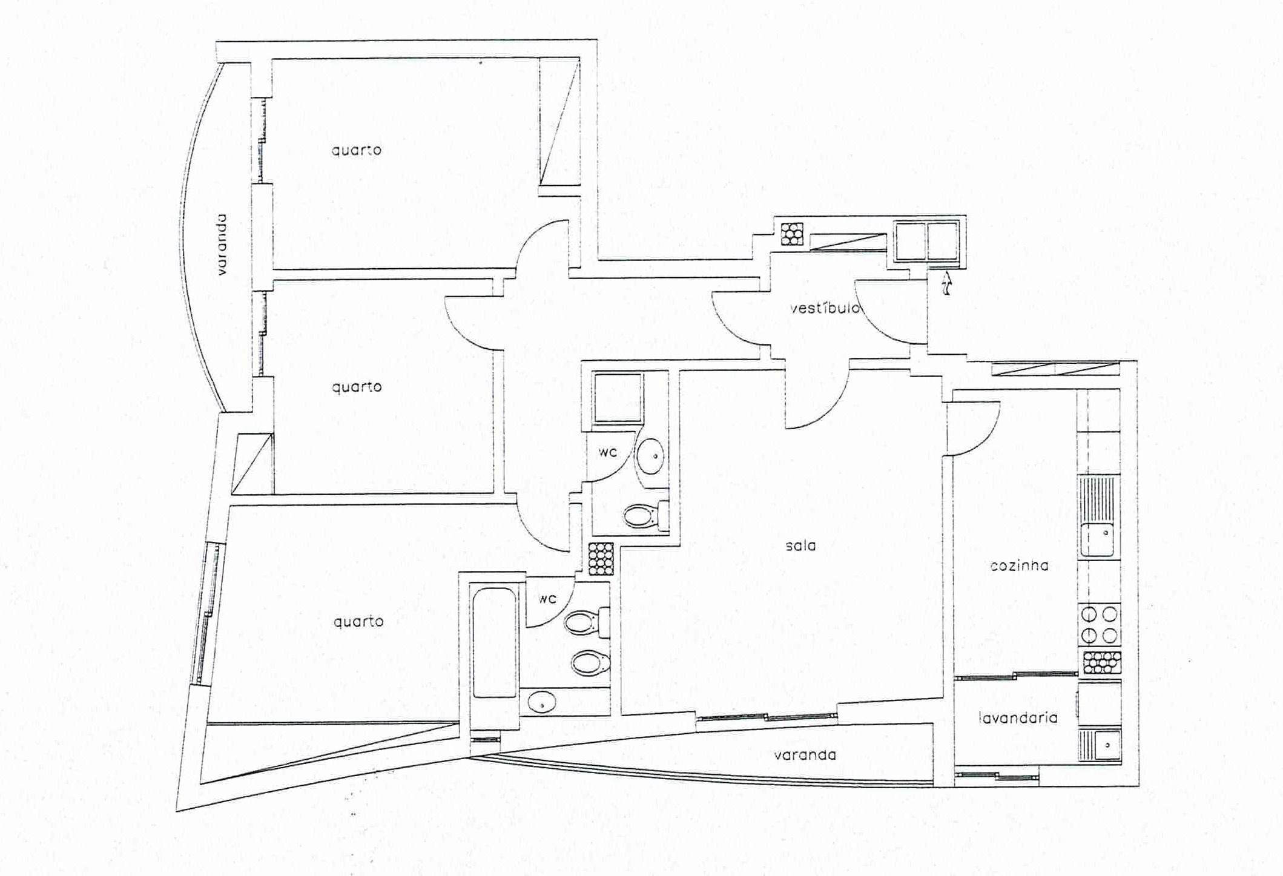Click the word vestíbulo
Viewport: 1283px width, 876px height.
825,308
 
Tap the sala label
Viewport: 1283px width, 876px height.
800,545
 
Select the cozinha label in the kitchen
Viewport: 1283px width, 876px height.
1019,565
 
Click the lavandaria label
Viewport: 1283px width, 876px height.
1018,717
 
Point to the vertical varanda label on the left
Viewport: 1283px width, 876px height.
222,245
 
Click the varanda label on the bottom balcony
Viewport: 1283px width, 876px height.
805,755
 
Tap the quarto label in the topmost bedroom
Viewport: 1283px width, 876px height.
357,150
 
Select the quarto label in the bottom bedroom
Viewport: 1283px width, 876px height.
358,621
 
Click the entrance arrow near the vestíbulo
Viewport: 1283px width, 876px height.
946,283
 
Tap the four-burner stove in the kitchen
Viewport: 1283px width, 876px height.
1099,625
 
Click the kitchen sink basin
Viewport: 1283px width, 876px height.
1097,540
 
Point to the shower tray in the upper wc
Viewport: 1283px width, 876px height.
618,398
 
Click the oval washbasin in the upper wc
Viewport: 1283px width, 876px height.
651,455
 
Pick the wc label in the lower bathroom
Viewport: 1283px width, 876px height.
547,598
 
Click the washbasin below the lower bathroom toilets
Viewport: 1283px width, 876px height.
542,703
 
